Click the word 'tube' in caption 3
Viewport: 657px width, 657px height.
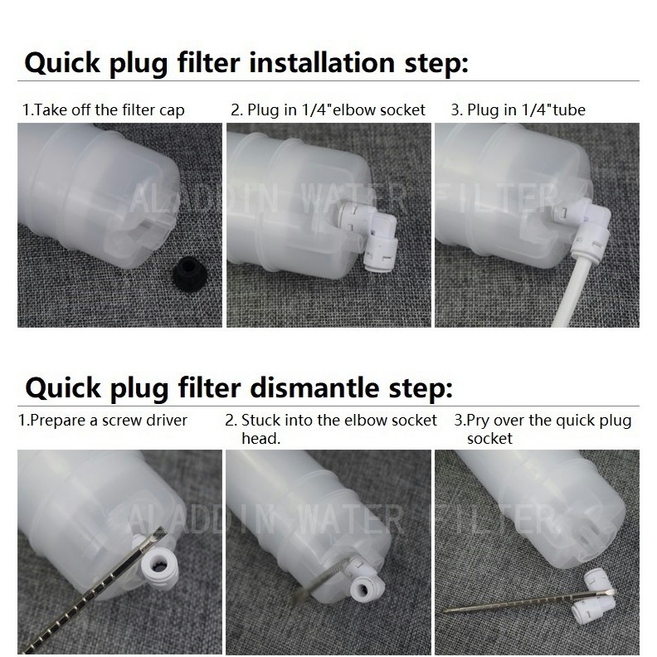point(568,109)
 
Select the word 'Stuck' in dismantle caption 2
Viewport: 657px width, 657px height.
point(260,420)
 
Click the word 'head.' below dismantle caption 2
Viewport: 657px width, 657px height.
point(260,438)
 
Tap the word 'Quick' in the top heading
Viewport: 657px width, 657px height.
point(62,63)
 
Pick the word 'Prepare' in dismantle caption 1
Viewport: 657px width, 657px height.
point(58,421)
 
